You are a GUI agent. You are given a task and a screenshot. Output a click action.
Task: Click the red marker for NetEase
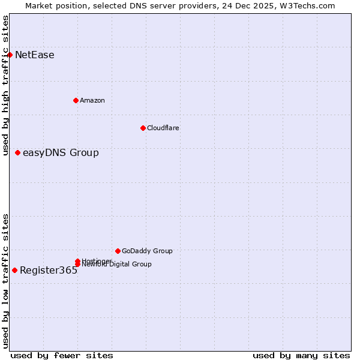tap(10, 55)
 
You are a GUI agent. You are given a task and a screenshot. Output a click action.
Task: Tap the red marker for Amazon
tap(76, 100)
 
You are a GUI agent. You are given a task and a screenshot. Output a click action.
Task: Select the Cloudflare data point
tap(143, 128)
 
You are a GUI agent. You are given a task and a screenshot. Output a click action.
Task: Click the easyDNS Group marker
tap(17, 153)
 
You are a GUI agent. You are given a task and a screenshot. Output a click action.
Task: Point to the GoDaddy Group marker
tap(118, 251)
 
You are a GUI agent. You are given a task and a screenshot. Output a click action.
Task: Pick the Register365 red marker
tap(14, 270)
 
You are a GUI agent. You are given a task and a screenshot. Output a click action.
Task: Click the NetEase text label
tap(35, 55)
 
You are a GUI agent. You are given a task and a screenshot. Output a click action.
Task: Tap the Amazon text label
tap(92, 100)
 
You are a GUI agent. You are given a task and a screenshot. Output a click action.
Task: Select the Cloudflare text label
tap(163, 128)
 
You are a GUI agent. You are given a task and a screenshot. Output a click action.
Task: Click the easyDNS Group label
tap(61, 153)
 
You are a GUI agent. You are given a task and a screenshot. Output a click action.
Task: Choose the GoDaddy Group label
tap(147, 251)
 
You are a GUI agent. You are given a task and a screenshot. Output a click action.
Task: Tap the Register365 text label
tap(49, 270)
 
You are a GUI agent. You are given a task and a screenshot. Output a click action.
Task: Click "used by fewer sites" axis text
tap(62, 355)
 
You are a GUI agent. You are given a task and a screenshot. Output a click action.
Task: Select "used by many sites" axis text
tap(301, 355)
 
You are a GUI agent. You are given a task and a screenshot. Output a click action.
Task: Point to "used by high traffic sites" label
tap(5, 85)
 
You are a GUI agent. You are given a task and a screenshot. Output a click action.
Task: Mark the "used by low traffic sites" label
tap(5, 281)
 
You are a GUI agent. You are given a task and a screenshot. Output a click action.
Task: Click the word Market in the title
tap(39, 5)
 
